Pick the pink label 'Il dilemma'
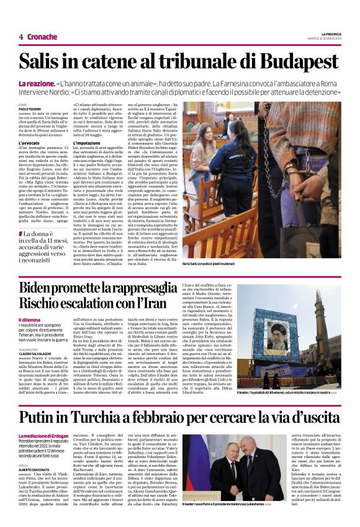[30, 320]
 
